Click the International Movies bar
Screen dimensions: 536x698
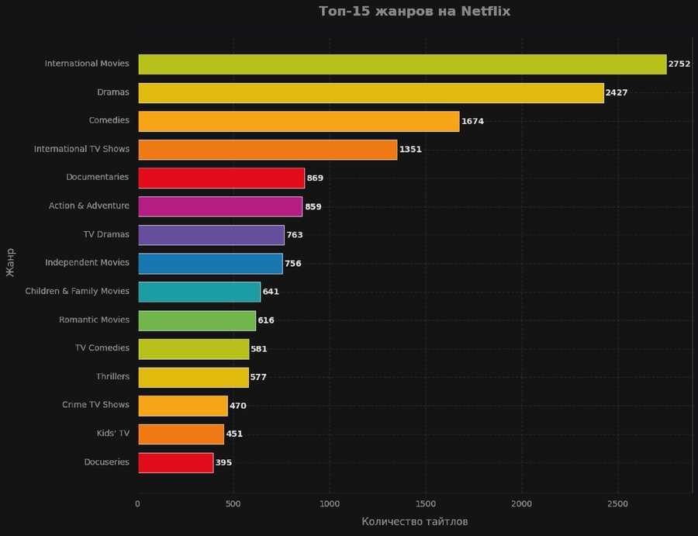tap(402, 64)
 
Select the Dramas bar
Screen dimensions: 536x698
tap(371, 93)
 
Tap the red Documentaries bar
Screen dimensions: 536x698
tap(221, 178)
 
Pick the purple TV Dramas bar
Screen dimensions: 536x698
tap(211, 235)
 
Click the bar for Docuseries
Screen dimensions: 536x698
tap(175, 463)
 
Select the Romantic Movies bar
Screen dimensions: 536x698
tap(197, 320)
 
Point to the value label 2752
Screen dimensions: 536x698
tap(679, 64)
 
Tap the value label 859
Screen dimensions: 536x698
tap(313, 207)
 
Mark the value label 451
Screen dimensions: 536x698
tap(234, 434)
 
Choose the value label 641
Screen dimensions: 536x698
tap(271, 292)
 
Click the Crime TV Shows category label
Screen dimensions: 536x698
tap(95, 405)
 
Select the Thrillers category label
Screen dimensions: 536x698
tap(112, 376)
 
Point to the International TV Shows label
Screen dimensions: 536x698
tap(81, 149)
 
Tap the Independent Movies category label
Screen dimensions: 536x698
tap(87, 263)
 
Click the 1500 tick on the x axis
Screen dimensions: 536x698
tap(425, 503)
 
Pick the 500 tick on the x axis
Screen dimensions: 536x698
tap(233, 503)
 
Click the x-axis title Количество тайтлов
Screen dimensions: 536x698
tap(414, 522)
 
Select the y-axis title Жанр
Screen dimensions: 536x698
tap(10, 261)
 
